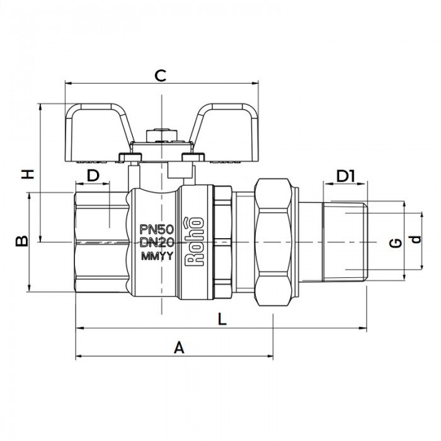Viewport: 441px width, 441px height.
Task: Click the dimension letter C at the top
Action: (x=161, y=76)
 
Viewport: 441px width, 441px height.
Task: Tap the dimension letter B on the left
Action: (x=21, y=241)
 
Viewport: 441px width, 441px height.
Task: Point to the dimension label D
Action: (x=93, y=176)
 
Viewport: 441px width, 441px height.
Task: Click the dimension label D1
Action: (x=345, y=176)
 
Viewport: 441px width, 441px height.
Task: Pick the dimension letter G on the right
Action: (x=395, y=242)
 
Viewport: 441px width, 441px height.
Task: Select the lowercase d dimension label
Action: (x=414, y=240)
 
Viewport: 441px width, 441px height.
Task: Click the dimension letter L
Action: (x=221, y=319)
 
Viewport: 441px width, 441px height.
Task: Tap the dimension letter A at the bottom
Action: (x=179, y=348)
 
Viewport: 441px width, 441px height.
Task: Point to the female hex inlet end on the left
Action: (x=101, y=243)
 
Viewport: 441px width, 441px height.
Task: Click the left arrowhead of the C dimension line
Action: (x=69, y=83)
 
